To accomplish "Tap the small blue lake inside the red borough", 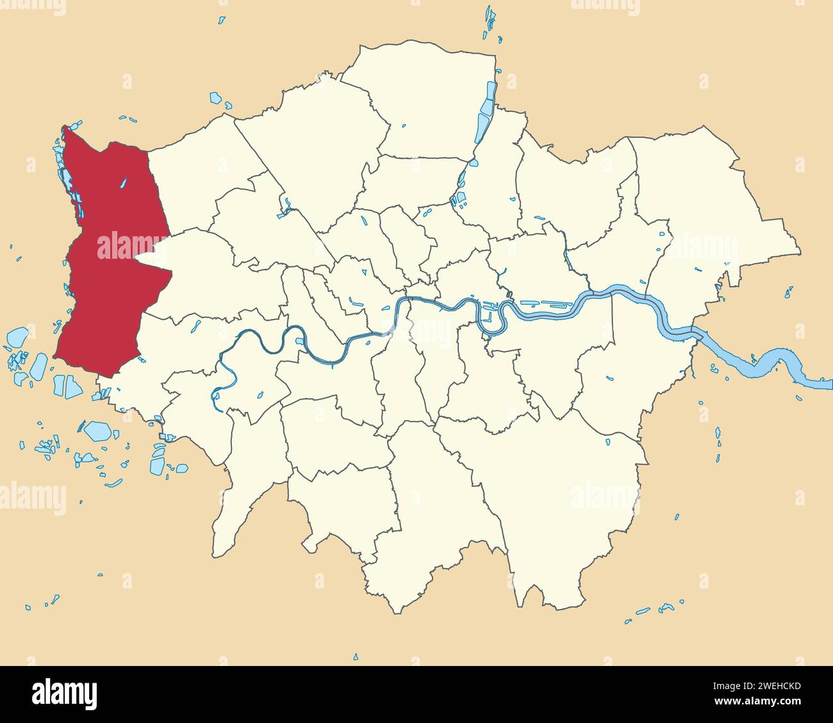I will tap(124, 183).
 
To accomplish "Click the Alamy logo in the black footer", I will tap(64, 694).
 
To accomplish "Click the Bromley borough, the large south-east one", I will tap(564, 487).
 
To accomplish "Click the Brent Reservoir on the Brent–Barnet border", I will tap(285, 208).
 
